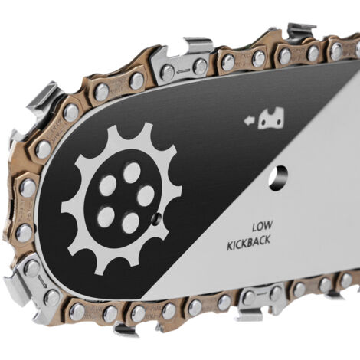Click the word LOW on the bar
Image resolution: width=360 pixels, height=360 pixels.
coord(262,227)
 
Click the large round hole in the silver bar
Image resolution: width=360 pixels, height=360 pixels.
coord(279,178)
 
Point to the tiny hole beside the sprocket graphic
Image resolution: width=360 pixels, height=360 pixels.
coord(156,218)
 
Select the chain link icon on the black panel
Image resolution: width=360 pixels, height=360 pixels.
coord(271,118)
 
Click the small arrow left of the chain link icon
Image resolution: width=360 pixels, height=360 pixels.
coord(250,120)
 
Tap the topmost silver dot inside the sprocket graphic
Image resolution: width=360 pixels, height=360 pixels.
coord(132,172)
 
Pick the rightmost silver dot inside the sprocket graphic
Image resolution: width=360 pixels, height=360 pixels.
coord(146,195)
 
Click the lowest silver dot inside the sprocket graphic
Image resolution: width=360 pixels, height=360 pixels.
coord(130,223)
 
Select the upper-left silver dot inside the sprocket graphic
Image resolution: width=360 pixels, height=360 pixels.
coord(108,185)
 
